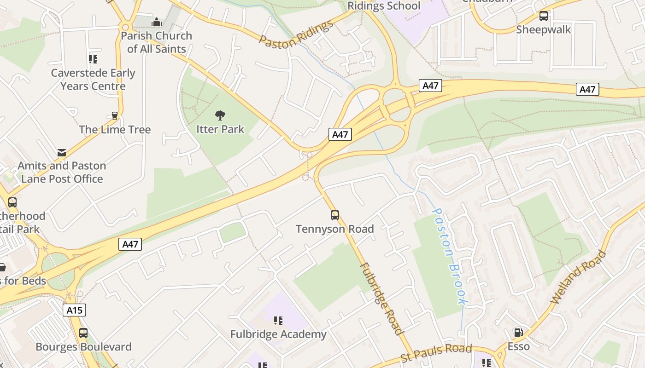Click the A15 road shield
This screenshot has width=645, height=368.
pos(74,310)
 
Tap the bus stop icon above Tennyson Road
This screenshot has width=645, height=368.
pos(335,215)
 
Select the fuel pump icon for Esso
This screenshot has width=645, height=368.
pos(518,333)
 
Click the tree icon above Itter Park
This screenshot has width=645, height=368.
pos(220,115)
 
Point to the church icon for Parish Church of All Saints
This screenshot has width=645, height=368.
pos(157,22)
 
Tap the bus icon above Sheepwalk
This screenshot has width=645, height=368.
pos(544,16)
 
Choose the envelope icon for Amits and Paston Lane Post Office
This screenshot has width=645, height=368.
pos(62,152)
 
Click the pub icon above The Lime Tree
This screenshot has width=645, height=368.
pos(115,116)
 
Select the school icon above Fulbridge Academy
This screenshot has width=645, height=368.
pos(278,320)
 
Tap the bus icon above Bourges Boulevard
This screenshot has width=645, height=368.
pos(83,333)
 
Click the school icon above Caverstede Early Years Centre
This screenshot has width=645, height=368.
pos(93,59)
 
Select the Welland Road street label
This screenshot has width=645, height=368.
pos(579,277)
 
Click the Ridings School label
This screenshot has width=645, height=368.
pos(384,6)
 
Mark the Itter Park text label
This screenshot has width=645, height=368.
pos(220,129)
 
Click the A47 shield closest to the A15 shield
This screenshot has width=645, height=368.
pos(130,244)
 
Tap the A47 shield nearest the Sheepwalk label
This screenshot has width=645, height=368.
pos(587,89)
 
